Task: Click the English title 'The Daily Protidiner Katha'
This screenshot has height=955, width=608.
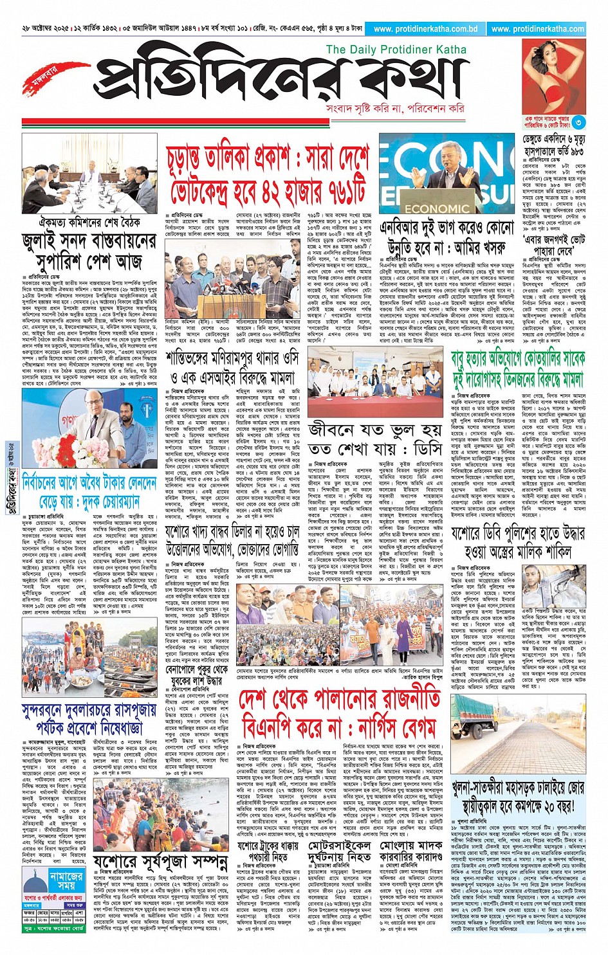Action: tap(396, 50)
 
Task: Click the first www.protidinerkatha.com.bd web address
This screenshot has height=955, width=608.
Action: tap(425, 29)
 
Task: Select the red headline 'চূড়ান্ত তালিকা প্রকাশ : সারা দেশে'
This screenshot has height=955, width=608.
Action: tap(268, 158)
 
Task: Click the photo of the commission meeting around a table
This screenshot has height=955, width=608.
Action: tap(89, 174)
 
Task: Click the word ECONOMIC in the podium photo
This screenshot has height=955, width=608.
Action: tap(437, 209)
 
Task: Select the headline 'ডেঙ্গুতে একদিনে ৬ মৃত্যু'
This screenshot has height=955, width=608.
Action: tap(553, 140)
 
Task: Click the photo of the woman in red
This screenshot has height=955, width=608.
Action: tap(554, 77)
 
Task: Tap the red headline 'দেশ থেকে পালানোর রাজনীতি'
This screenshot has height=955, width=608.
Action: tap(339, 698)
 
